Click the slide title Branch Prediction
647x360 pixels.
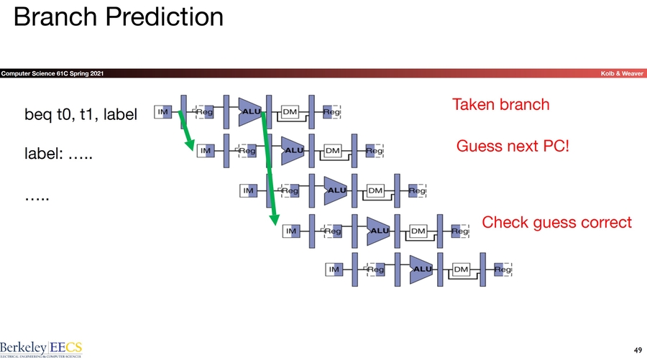click(x=119, y=17)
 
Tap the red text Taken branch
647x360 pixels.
click(x=500, y=105)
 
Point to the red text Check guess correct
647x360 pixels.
click(x=556, y=222)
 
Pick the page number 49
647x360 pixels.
click(x=634, y=349)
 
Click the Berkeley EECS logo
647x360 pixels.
click(x=41, y=346)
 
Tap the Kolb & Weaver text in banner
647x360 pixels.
click(x=623, y=74)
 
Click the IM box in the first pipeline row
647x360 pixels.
click(x=163, y=111)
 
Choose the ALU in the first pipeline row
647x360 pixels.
click(x=251, y=111)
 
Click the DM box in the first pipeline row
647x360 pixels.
click(x=290, y=111)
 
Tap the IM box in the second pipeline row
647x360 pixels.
click(x=206, y=151)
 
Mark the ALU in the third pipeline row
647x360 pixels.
click(x=336, y=190)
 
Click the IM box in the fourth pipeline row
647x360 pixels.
click(x=291, y=231)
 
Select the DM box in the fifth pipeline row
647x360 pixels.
click(x=461, y=269)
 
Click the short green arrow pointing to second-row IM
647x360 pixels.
click(x=185, y=130)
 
